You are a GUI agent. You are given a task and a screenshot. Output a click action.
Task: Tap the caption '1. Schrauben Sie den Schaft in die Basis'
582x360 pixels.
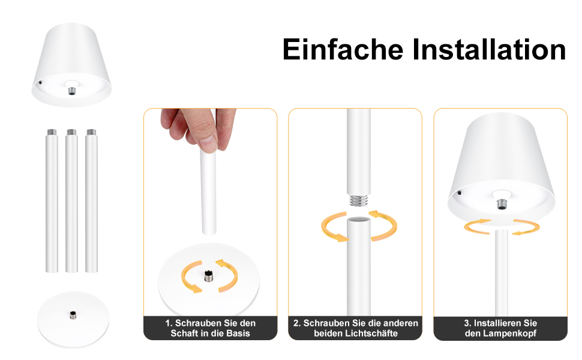[210, 328]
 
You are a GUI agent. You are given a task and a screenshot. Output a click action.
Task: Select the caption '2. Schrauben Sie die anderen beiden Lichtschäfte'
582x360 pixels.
[355, 328]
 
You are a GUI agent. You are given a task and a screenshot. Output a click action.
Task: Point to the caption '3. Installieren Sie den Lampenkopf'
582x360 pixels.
[500, 328]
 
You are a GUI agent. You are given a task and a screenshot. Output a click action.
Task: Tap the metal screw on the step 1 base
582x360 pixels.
[208, 276]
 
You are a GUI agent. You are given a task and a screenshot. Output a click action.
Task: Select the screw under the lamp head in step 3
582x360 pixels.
[500, 204]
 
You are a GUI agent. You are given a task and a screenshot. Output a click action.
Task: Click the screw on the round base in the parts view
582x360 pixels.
[73, 314]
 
